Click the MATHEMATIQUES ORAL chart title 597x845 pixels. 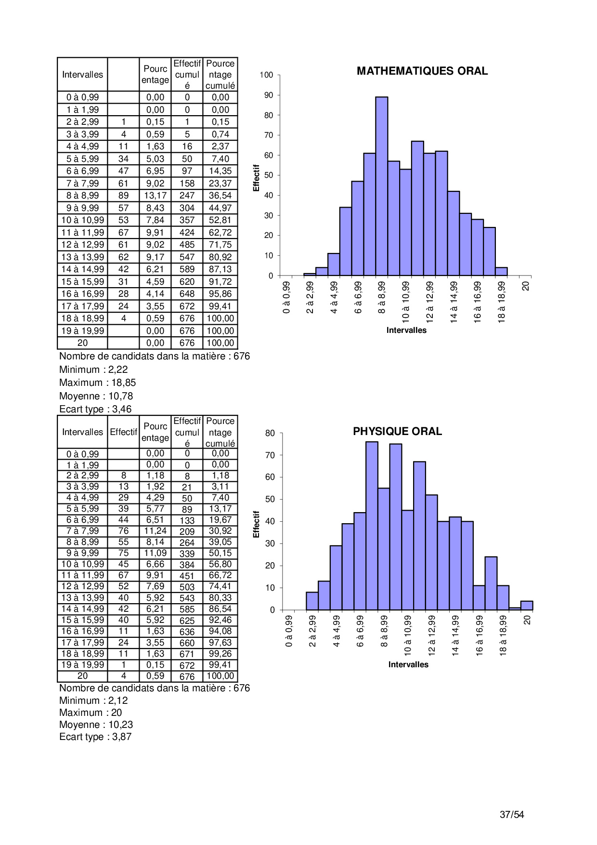point(422,71)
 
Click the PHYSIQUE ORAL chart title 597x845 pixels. point(397,432)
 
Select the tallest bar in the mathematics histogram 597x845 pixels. point(381,186)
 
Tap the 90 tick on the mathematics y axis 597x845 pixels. point(268,95)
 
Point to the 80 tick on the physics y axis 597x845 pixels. point(270,433)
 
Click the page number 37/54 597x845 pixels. point(512,815)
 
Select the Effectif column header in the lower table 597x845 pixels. point(123,432)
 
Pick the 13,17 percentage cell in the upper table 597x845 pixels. point(155,196)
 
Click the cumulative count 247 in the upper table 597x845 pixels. point(187,196)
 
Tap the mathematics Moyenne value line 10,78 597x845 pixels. point(96,396)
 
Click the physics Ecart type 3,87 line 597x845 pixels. point(95,737)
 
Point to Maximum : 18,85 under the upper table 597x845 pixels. point(97,383)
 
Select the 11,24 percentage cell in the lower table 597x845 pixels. point(155,531)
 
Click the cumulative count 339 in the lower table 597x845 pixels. point(187,554)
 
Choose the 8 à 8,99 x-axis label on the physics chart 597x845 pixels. point(384,631)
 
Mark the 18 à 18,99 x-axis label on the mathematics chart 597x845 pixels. point(502,302)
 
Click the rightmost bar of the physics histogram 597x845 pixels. point(527,606)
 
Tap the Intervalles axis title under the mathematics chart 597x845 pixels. point(406,330)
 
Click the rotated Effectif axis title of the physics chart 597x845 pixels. point(256,524)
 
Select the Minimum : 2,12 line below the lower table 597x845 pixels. point(93,700)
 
